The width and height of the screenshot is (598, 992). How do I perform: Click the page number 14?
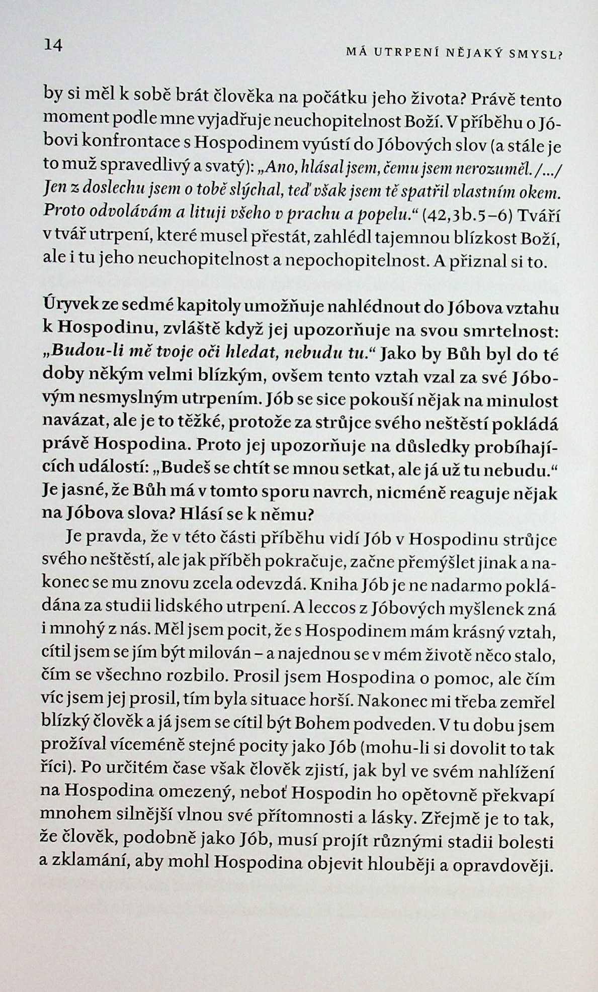click(x=53, y=45)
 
